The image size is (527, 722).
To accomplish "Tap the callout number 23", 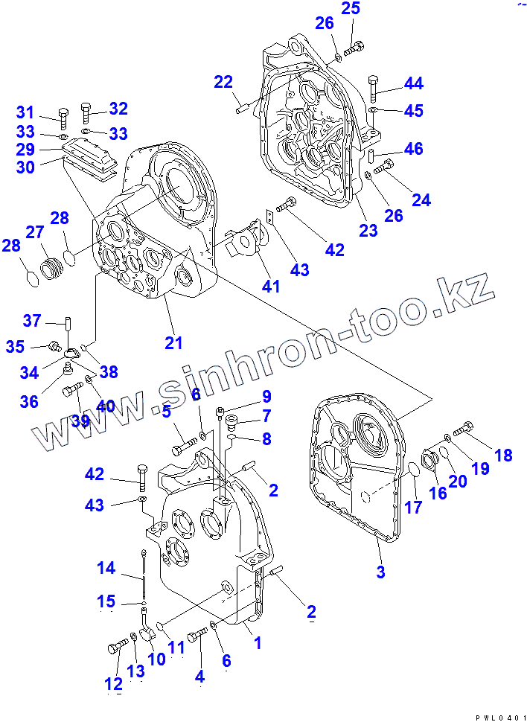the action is click(368, 230).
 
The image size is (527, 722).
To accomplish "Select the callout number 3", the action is click(380, 572).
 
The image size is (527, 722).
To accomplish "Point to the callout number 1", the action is click(258, 642).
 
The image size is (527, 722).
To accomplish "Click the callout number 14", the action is click(106, 568).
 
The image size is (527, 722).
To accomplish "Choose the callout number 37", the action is click(32, 321).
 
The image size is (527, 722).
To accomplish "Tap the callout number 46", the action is click(413, 149).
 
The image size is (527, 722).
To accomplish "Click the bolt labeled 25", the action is click(355, 46).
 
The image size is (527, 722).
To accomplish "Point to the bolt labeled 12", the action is click(118, 647).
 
